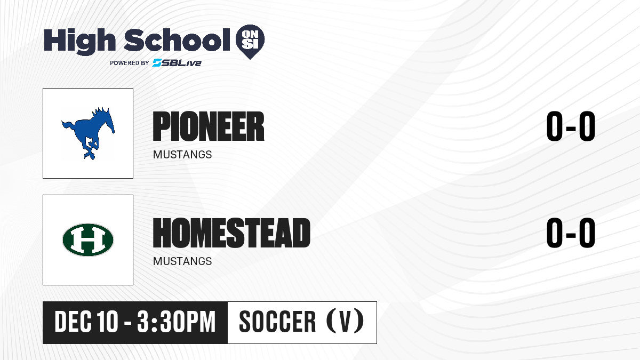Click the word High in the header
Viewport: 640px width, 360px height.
(79, 41)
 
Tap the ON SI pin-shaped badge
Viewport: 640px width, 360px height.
(250, 42)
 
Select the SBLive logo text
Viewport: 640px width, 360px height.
(177, 63)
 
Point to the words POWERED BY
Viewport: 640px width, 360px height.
(129, 63)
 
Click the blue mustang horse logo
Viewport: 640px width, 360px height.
(88, 133)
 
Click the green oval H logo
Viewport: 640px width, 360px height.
(88, 239)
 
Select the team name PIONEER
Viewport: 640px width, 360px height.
(209, 126)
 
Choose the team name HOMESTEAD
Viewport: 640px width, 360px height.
(231, 233)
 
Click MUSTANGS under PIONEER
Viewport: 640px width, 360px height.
(182, 155)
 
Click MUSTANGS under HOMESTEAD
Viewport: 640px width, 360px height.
(182, 261)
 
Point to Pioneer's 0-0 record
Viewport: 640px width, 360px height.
(571, 126)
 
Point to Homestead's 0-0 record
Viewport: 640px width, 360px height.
(571, 233)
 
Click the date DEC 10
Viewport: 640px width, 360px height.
(86, 322)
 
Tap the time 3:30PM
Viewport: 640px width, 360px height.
(176, 322)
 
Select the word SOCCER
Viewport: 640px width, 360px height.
(277, 322)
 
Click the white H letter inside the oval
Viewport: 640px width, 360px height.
(88, 239)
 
